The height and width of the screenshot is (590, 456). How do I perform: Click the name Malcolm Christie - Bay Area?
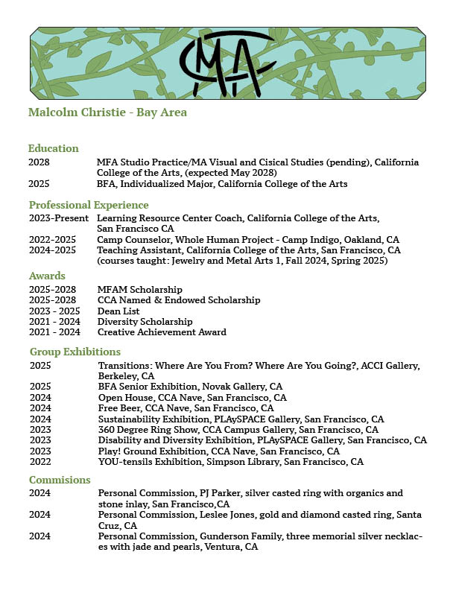point(107,112)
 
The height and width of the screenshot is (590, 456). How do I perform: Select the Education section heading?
point(54,148)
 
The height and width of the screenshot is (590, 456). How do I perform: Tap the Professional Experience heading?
point(89,205)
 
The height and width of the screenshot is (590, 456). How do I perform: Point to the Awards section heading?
point(47,276)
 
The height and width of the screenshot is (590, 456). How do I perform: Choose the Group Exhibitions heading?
point(75,352)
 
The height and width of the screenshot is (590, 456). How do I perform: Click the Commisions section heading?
point(60,480)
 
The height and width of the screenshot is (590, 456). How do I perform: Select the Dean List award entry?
point(119,311)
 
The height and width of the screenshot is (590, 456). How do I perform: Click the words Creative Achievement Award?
point(162,332)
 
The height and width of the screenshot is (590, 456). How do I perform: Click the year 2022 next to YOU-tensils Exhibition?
point(41,462)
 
